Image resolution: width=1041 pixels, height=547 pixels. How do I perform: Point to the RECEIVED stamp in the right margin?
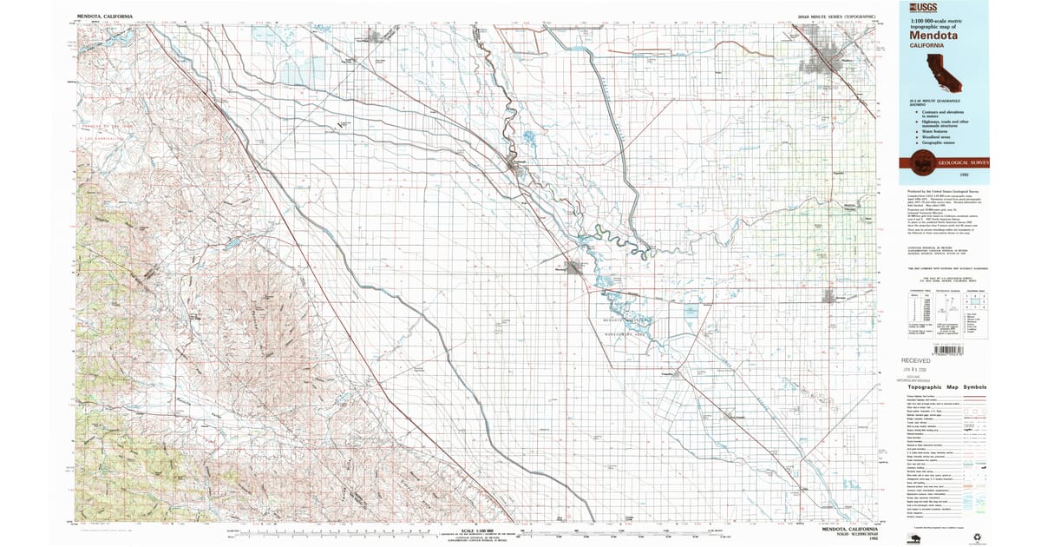(915, 359)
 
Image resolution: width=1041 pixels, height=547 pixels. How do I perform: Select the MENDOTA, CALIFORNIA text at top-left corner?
(105, 16)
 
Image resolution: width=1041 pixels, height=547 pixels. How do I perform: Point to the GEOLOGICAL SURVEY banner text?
(959, 161)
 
